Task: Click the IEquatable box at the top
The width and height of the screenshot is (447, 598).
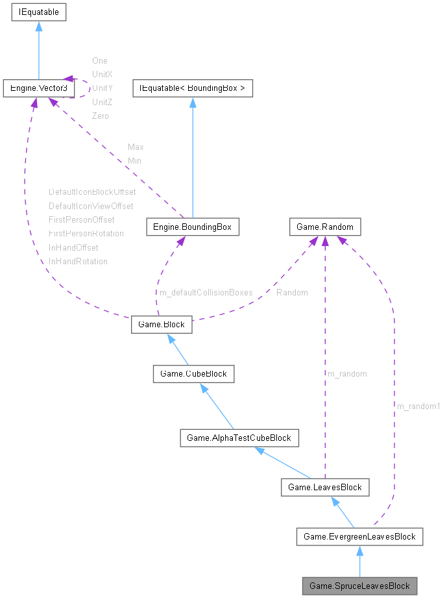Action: pos(38,11)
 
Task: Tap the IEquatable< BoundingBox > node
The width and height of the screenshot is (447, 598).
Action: pos(192,87)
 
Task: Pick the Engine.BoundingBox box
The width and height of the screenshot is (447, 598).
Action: pos(193,227)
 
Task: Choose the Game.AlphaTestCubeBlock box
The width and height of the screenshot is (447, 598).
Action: pos(239,438)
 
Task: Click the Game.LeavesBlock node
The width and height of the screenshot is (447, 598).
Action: pos(324,487)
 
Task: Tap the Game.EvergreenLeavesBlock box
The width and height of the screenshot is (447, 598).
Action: pos(359,536)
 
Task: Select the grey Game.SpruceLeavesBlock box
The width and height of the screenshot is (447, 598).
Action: pos(359,586)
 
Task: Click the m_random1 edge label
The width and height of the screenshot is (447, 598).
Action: pos(418,406)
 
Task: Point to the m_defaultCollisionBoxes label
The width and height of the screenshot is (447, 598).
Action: pos(206,292)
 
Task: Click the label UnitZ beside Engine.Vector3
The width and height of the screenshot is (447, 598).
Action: pos(103,102)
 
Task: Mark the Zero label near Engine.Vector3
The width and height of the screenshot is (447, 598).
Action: pos(101,116)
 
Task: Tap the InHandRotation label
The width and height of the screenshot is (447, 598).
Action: pos(78,261)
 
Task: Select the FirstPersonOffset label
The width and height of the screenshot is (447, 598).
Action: pos(81,219)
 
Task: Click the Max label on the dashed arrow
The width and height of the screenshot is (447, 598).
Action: pos(136,147)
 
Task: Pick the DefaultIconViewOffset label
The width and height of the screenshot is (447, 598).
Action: pos(91,206)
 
